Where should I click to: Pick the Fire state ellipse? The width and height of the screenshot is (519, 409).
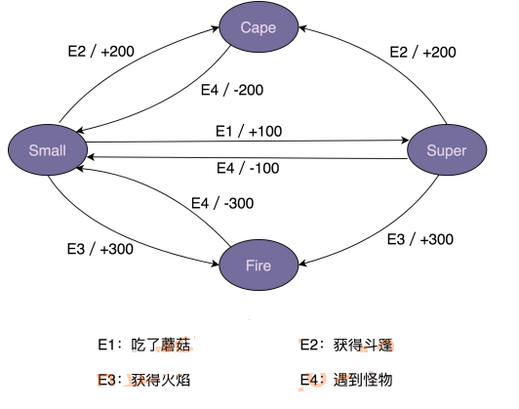click(x=259, y=265)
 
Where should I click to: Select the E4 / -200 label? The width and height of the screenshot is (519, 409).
click(x=232, y=89)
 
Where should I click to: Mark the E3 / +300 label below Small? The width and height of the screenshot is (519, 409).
click(x=99, y=249)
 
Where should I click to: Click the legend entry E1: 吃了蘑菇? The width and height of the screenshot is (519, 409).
click(x=143, y=344)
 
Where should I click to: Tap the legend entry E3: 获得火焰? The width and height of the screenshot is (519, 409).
click(x=143, y=379)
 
